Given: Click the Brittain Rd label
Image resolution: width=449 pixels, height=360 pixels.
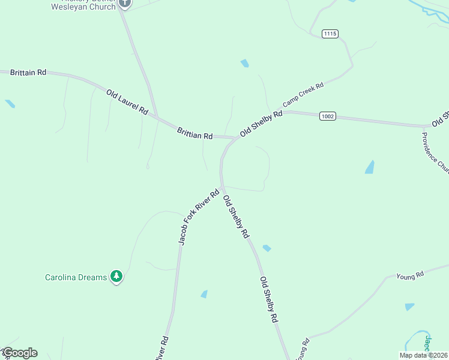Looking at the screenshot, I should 28,72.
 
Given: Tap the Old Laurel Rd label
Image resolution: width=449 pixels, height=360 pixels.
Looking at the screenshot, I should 127,102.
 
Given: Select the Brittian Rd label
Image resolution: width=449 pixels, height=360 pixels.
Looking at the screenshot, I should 195,133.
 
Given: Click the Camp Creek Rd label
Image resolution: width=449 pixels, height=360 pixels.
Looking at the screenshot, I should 304,95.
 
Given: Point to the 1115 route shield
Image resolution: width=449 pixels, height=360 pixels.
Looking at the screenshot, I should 330,34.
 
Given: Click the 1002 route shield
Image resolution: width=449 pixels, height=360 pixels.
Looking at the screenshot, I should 327,116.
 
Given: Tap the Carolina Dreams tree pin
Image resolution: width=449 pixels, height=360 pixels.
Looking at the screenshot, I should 116,277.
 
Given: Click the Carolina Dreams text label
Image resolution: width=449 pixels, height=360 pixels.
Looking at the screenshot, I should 76,277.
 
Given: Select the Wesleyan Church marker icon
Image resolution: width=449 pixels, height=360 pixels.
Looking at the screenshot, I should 125,3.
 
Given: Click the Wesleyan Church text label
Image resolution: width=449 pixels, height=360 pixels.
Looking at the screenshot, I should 83,7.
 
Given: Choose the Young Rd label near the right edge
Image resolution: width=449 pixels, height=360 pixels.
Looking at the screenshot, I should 410,275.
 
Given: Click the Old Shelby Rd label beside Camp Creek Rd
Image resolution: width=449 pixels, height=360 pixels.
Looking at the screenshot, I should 261,124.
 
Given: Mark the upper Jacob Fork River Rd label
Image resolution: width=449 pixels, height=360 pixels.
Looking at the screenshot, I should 199,217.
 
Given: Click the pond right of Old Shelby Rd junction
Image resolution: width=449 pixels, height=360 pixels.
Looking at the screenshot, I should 370,167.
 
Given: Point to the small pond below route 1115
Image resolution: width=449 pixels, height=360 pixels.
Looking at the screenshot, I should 244,63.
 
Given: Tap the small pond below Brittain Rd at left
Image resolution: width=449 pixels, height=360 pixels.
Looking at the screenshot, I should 10,104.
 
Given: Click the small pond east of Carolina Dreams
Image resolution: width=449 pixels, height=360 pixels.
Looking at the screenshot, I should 204,294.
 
